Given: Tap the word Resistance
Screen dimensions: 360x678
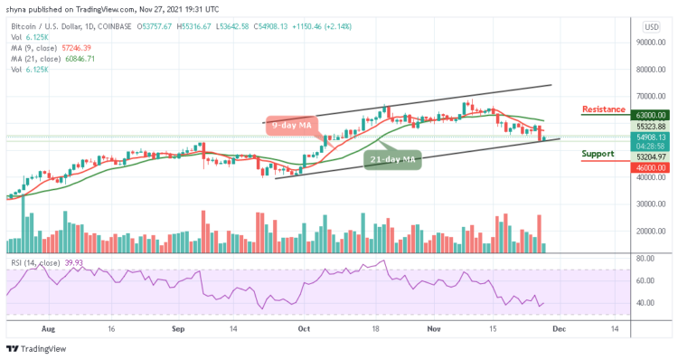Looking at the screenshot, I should click(x=603, y=109).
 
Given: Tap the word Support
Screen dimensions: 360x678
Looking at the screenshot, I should click(x=598, y=154).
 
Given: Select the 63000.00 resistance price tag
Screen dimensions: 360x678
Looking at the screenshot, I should click(x=649, y=116).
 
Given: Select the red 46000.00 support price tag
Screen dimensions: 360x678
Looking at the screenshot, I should click(x=649, y=167).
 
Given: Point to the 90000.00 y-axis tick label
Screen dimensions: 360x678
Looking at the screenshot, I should click(x=650, y=43).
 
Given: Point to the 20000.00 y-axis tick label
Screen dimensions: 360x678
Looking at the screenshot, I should click(x=650, y=231).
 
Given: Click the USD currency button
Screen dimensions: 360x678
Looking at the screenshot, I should click(x=650, y=26).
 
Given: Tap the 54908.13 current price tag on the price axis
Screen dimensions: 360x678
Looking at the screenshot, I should click(x=649, y=137).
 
